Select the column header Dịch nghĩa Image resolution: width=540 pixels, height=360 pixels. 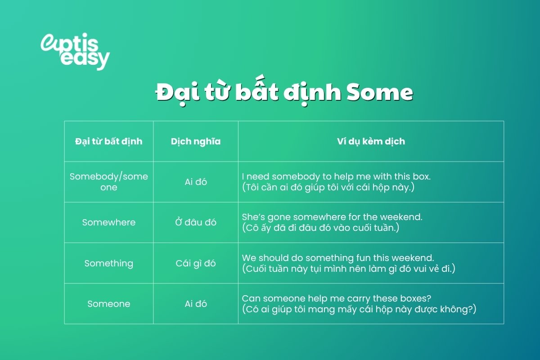(196, 141)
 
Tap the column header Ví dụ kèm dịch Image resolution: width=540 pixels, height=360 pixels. (371, 141)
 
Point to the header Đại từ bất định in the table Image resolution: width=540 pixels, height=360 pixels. (108, 141)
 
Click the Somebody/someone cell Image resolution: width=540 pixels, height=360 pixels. (108, 182)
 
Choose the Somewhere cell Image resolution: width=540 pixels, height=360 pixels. (108, 222)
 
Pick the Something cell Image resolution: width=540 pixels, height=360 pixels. (108, 263)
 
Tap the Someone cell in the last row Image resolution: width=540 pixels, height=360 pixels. (108, 304)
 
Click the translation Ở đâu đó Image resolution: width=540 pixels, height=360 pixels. (196, 222)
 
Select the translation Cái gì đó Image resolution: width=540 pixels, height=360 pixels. (196, 263)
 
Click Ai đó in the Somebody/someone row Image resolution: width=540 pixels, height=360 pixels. (196, 182)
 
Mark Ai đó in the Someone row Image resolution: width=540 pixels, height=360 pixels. (196, 304)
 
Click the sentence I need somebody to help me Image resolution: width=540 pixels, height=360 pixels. (336, 176)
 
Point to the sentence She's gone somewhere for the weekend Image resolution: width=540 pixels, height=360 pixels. (332, 217)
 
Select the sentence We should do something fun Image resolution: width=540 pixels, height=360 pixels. (337, 258)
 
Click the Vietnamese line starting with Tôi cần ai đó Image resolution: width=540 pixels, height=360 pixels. (328, 187)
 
